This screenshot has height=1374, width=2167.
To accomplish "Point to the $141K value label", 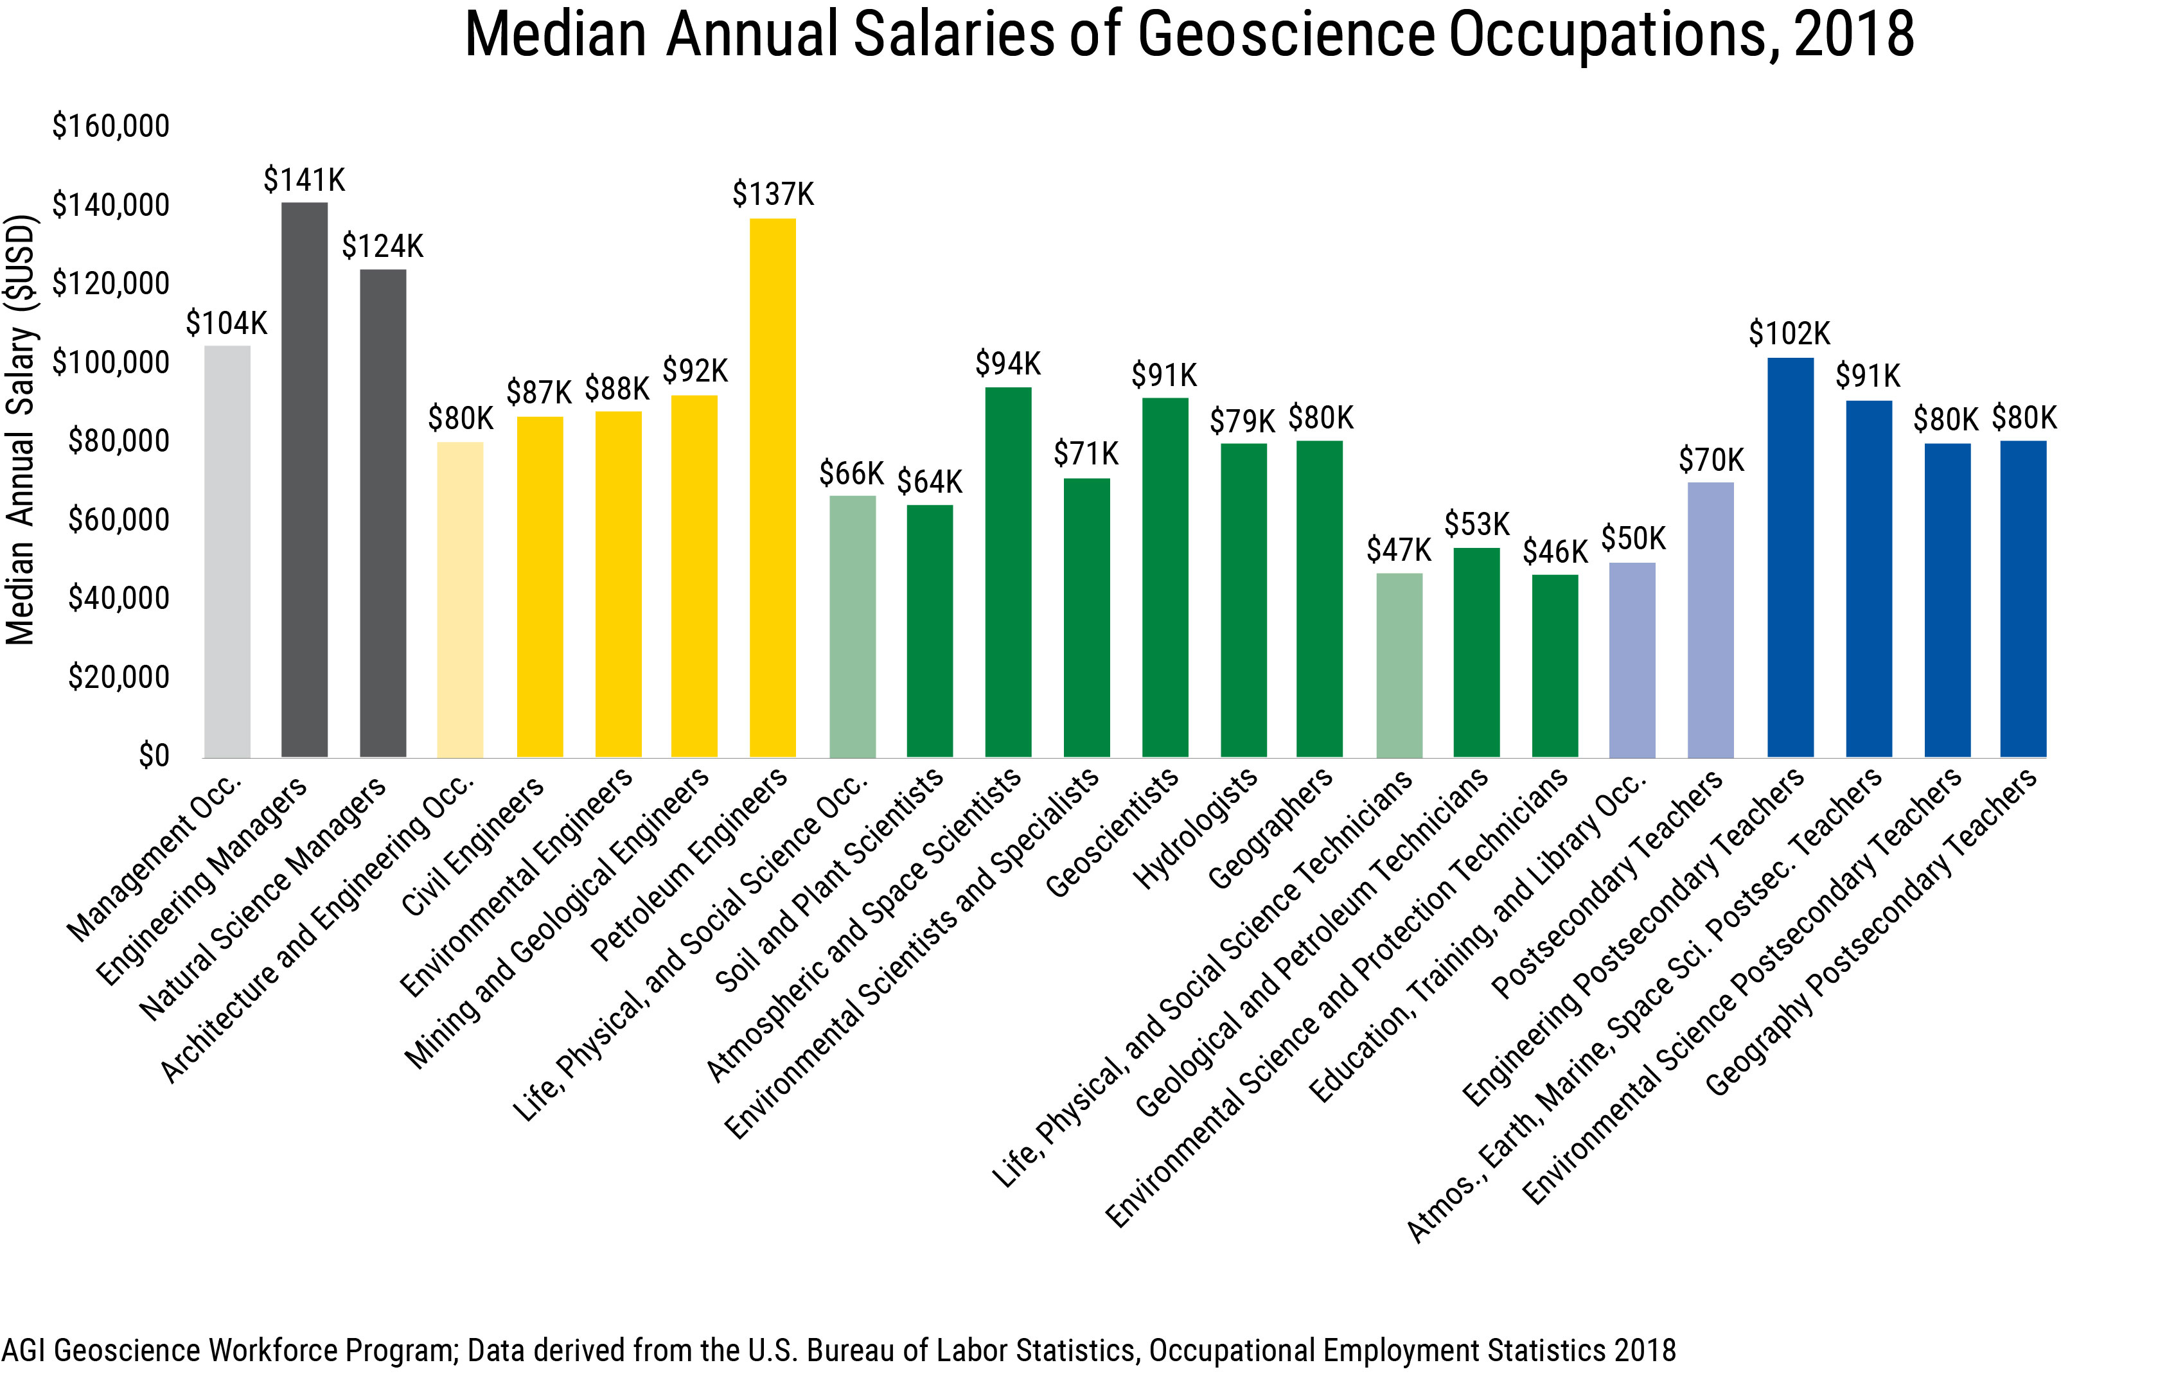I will (304, 180).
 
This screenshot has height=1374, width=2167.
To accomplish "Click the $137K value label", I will (772, 195).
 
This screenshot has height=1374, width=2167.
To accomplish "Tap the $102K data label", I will (1789, 334).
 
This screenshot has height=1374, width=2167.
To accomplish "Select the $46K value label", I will (1554, 552).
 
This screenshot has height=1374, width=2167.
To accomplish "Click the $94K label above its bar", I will (1008, 364).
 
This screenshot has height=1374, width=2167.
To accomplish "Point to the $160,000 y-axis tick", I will (111, 126).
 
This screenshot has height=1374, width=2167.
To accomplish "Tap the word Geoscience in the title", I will (1285, 34).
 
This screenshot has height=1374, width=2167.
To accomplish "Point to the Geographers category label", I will (1271, 829).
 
